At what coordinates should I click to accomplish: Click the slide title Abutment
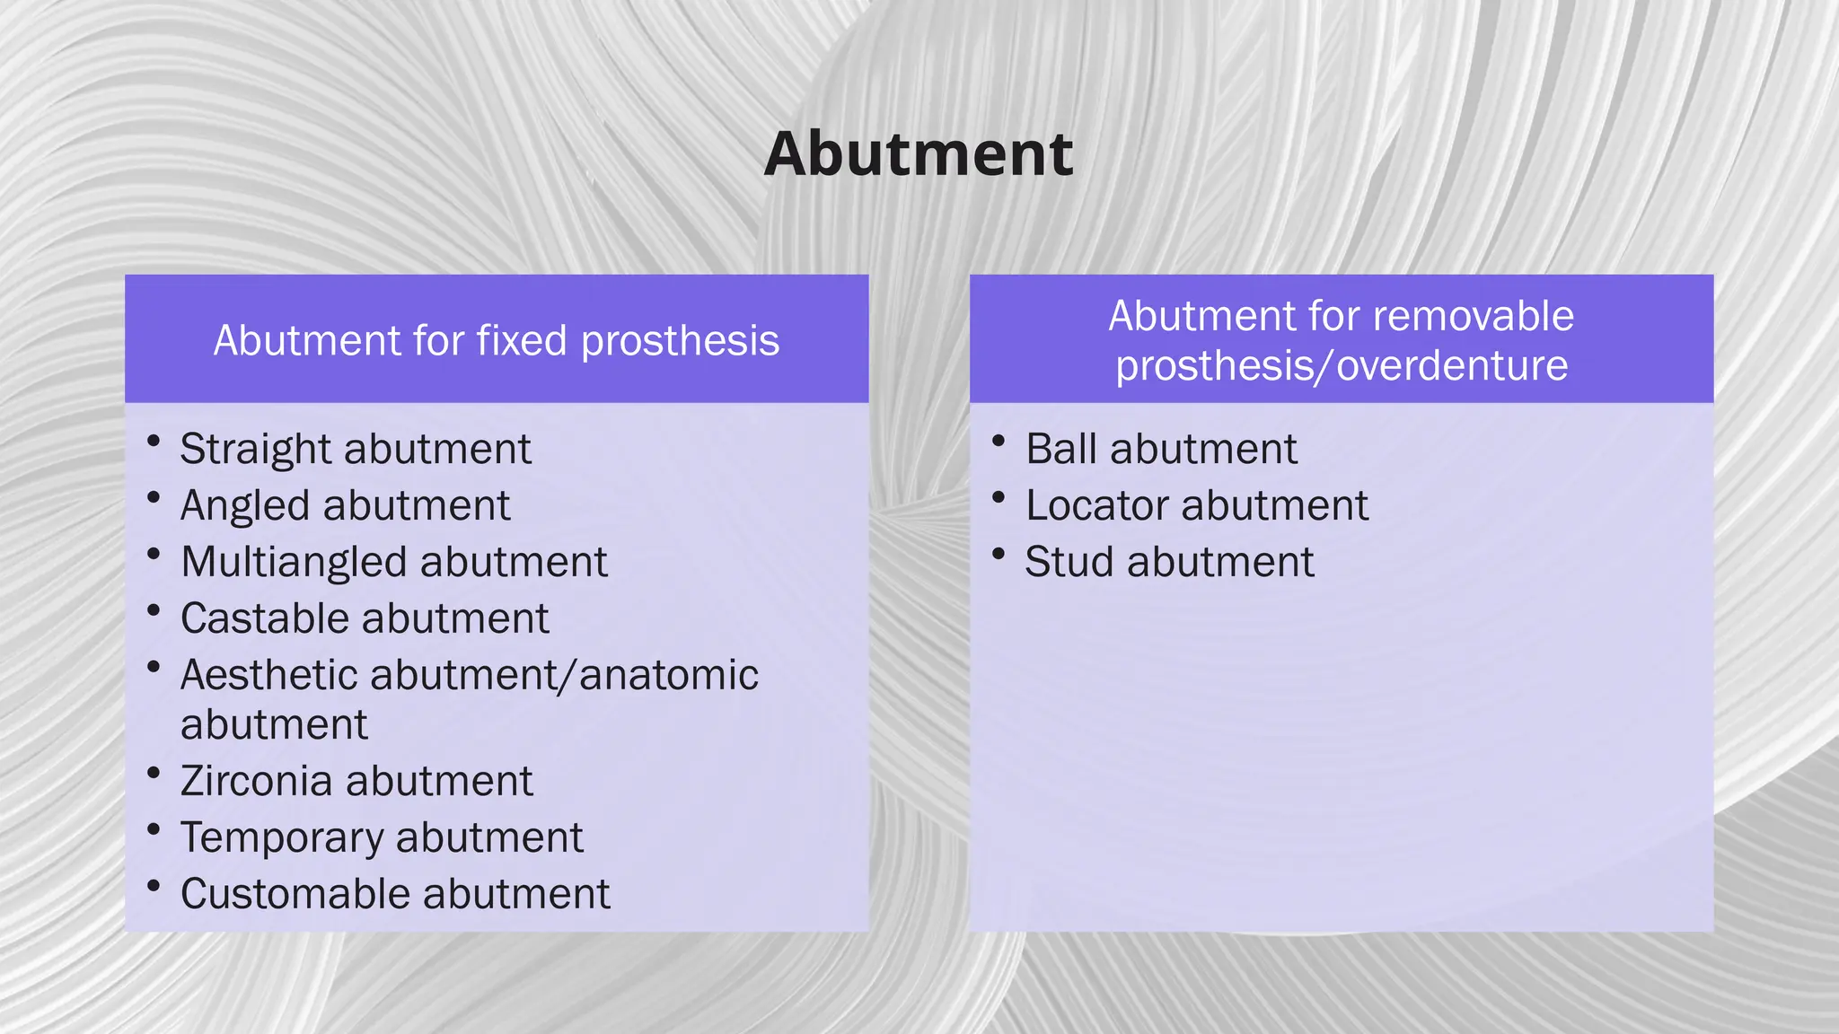coord(918,154)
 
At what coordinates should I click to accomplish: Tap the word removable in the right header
coord(1473,317)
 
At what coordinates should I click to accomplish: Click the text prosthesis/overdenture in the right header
coord(1342,366)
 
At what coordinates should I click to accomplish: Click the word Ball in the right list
coord(1060,450)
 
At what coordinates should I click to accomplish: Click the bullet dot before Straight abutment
coord(154,441)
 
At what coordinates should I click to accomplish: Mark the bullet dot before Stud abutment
coord(999,554)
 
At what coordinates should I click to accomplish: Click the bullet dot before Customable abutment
coord(154,886)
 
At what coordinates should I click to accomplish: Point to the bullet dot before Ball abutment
coord(999,441)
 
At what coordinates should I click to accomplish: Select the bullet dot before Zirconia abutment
coord(154,773)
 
